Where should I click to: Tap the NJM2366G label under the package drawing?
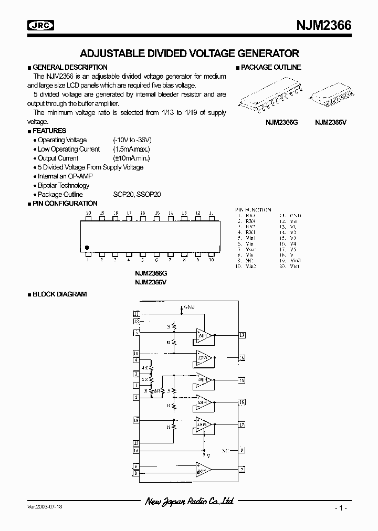pyautogui.click(x=281, y=121)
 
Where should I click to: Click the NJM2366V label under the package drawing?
pyautogui.click(x=331, y=121)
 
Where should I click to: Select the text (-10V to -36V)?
pyautogui.click(x=132, y=140)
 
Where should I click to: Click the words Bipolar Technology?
pyautogui.click(x=64, y=185)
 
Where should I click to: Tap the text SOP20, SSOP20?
pyautogui.click(x=137, y=194)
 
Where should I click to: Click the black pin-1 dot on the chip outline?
pyautogui.click(x=87, y=247)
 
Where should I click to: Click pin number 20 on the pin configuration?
pyautogui.click(x=88, y=213)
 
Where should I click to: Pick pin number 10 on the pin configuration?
pyautogui.click(x=211, y=260)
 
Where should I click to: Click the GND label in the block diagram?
pyautogui.click(x=190, y=306)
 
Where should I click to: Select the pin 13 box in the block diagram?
pyautogui.click(x=242, y=335)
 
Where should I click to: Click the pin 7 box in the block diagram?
pyautogui.click(x=242, y=469)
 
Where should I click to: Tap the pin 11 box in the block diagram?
pyautogui.click(x=136, y=313)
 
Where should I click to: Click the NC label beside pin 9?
pyautogui.click(x=225, y=450)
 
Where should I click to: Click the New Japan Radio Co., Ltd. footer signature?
pyautogui.click(x=190, y=502)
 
